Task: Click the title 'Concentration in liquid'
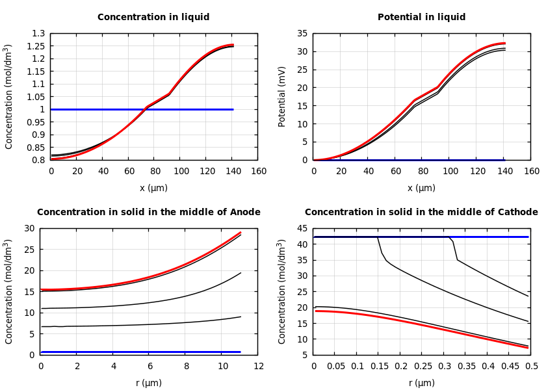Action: tap(153, 18)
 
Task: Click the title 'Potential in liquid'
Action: tap(421, 18)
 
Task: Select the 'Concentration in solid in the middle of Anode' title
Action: tap(148, 213)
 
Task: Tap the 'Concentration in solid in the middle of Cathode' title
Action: tap(421, 213)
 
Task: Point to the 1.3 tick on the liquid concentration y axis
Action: tap(39, 33)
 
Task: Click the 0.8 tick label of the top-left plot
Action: tap(39, 160)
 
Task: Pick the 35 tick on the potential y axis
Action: tap(302, 33)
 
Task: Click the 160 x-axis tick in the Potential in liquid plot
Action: tap(531, 171)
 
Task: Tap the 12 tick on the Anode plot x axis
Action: tap(258, 366)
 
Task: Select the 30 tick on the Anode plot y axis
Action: tap(29, 228)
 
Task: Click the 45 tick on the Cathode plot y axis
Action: tap(302, 228)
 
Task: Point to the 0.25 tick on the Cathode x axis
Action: tap(422, 366)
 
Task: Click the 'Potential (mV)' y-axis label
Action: tap(282, 96)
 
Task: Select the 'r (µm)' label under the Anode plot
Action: tap(148, 383)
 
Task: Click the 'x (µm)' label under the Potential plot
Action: tap(421, 188)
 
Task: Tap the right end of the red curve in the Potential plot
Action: tap(505, 44)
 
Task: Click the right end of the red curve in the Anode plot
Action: tap(240, 232)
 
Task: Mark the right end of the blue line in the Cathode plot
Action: tap(528, 237)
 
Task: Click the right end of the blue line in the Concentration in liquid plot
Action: tap(233, 109)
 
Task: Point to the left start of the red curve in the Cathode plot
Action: tap(315, 311)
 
